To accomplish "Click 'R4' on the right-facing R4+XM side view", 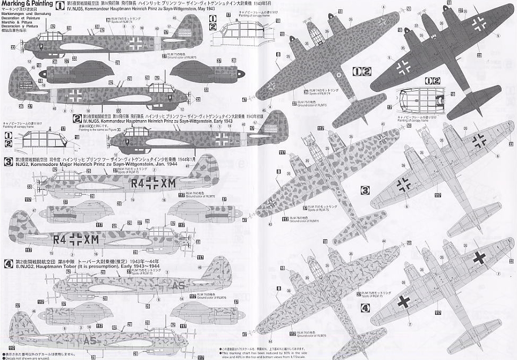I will [59, 239].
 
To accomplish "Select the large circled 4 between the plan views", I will [365, 307].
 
